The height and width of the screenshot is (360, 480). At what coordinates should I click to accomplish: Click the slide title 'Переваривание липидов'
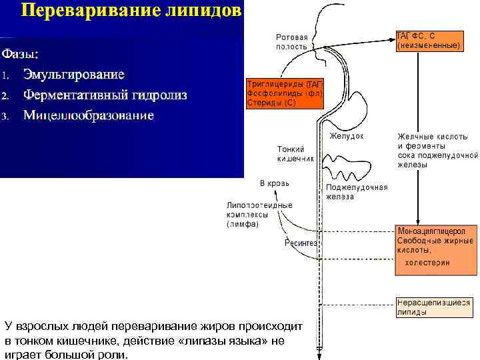131,12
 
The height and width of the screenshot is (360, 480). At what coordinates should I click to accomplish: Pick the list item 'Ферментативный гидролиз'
105,94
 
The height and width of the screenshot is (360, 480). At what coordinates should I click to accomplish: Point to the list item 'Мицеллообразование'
88,115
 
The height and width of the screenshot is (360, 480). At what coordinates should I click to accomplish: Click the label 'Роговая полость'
291,42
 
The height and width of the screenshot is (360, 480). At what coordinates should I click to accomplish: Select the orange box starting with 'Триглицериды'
285,94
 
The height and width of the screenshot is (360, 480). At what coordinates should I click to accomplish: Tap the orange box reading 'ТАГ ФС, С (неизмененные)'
428,41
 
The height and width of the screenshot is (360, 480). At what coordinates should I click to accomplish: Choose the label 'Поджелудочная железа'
357,192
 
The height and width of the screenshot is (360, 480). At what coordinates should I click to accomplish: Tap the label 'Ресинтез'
301,243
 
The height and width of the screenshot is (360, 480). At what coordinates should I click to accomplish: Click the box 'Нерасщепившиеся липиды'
437,307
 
